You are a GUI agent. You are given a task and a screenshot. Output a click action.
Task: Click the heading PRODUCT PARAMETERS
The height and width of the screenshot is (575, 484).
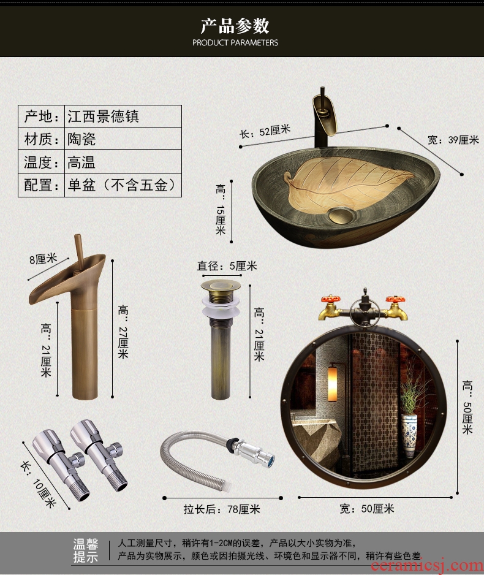tap(235, 42)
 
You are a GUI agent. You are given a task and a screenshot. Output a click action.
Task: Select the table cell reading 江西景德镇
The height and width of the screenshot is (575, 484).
tap(103, 116)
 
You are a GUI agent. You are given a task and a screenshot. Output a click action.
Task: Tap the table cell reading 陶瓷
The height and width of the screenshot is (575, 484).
tap(81, 139)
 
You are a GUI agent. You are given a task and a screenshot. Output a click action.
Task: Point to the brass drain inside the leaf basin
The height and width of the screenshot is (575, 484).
tap(341, 215)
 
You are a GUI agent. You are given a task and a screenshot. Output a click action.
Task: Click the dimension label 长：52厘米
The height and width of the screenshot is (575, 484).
tap(265, 131)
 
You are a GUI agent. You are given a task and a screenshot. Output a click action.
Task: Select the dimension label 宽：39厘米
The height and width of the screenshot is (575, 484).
tap(453, 140)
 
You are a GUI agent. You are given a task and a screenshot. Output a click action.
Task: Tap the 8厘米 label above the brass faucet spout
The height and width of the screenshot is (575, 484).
tap(43, 259)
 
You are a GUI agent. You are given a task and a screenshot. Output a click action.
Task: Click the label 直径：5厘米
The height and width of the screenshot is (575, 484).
tap(227, 266)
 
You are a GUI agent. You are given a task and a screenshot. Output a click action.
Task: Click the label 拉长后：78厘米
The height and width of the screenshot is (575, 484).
tap(222, 509)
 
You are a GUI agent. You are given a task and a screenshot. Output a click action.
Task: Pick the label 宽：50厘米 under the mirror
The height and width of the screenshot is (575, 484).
tap(367, 509)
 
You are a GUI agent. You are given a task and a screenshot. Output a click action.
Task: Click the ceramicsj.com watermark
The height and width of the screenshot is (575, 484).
tap(427, 567)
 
